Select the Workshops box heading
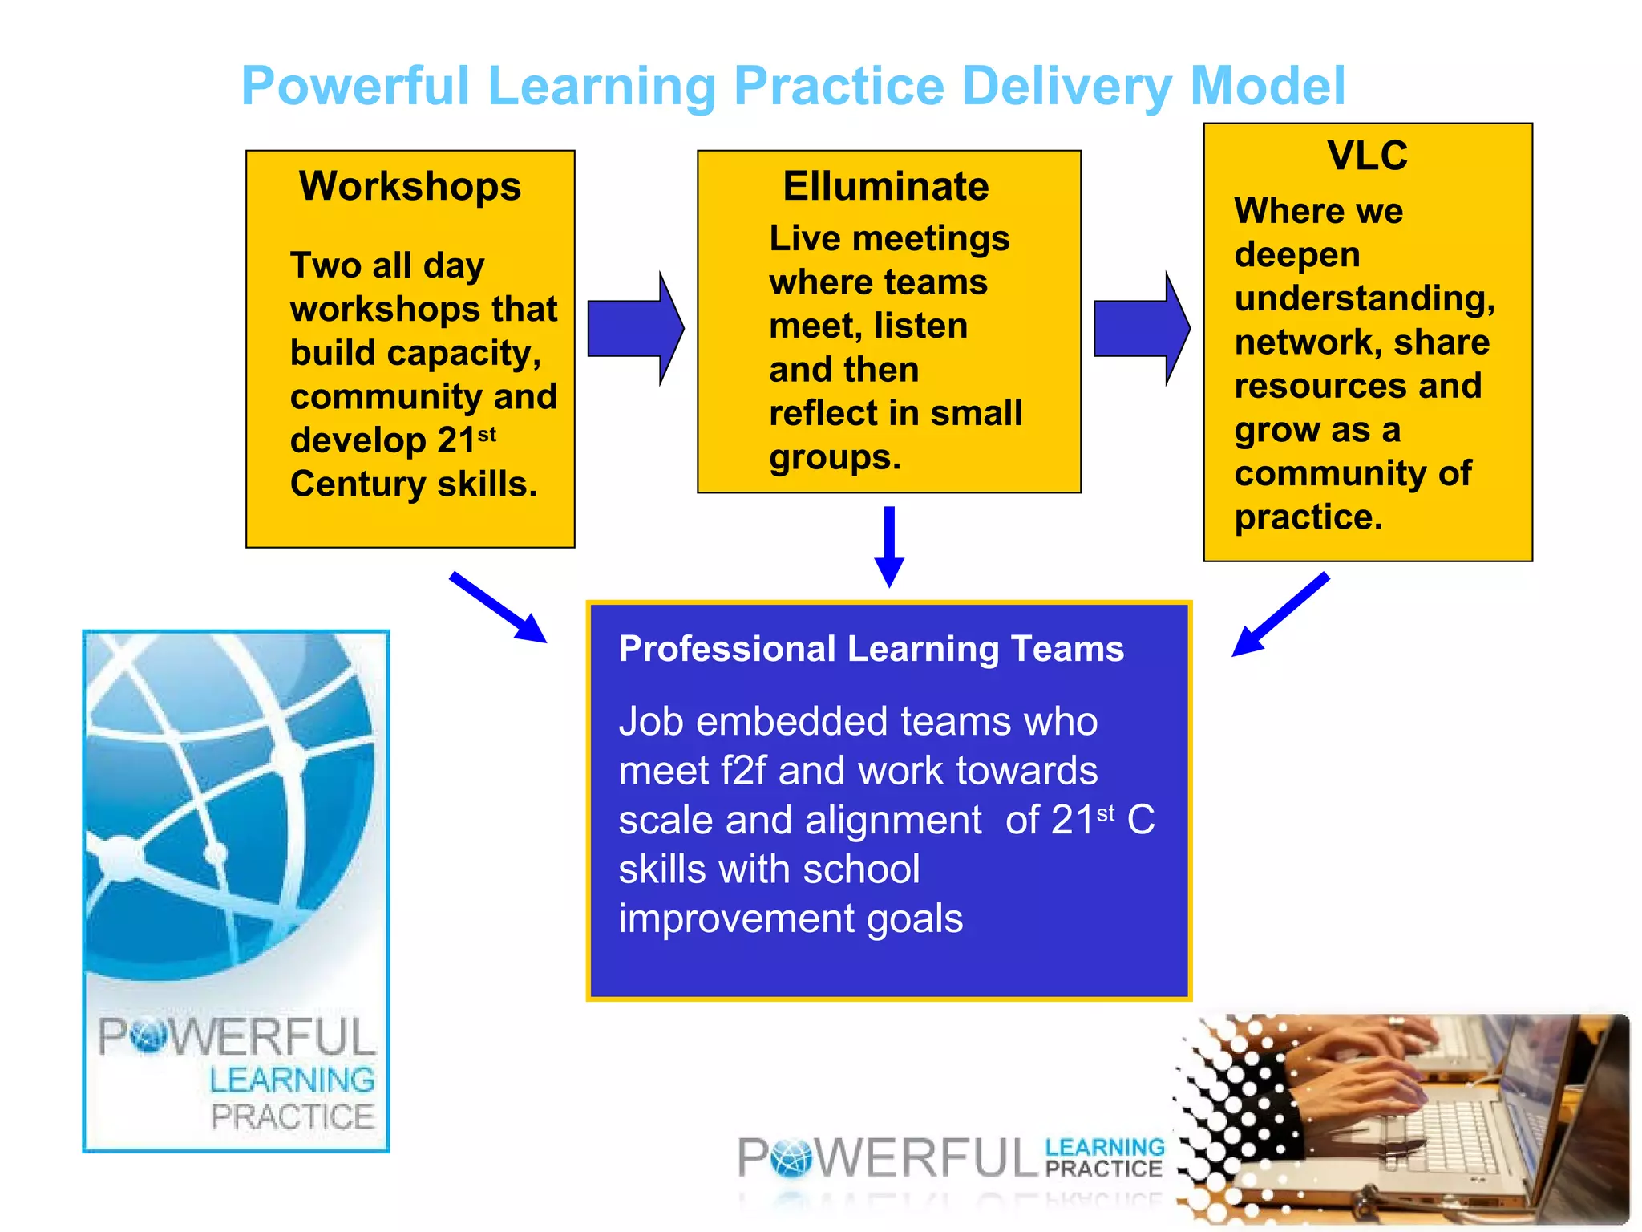click(x=410, y=186)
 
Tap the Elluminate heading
click(x=885, y=186)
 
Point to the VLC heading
click(x=1367, y=155)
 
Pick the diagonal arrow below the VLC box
click(x=1280, y=614)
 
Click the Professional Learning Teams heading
click(x=871, y=649)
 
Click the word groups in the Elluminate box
click(x=834, y=458)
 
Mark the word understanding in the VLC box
click(x=1364, y=299)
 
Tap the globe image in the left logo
click(x=229, y=802)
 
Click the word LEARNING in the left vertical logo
click(x=292, y=1080)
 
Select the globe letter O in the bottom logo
click(x=791, y=1158)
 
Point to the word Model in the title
click(x=1268, y=87)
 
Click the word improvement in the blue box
click(x=736, y=919)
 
